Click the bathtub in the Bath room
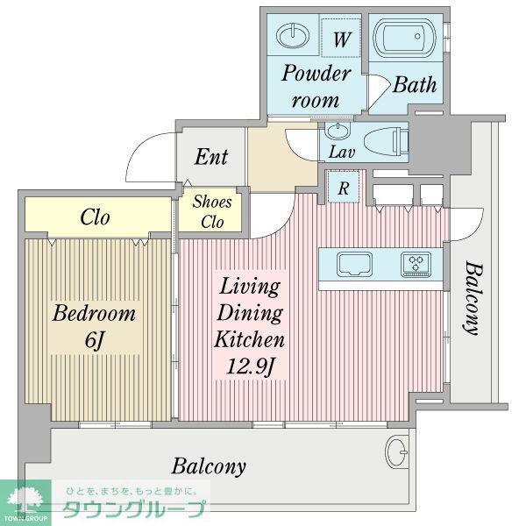click(404, 38)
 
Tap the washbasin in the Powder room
click(293, 35)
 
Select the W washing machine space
click(341, 39)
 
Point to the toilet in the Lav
click(386, 142)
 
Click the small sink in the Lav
click(338, 131)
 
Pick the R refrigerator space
click(343, 188)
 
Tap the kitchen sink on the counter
click(354, 264)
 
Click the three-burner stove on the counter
click(416, 264)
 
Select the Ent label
click(211, 156)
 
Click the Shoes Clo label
click(212, 211)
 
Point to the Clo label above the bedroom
click(95, 217)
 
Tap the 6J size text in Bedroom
click(95, 340)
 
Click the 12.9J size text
click(251, 366)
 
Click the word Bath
click(415, 84)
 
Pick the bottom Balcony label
click(209, 466)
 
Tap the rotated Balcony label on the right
click(474, 299)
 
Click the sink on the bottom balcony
click(397, 451)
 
